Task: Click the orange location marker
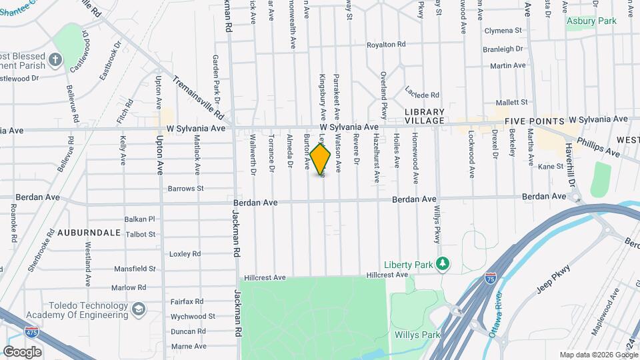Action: coord(321,159)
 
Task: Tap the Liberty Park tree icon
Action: coord(441,263)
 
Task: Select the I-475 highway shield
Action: coord(31,331)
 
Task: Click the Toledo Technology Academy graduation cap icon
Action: coord(138,310)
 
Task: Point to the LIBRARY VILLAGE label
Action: coord(424,115)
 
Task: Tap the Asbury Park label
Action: coord(591,21)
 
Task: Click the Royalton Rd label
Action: coord(386,45)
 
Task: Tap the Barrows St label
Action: coord(185,189)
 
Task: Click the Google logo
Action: coord(22,352)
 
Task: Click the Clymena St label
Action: coord(503,31)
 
